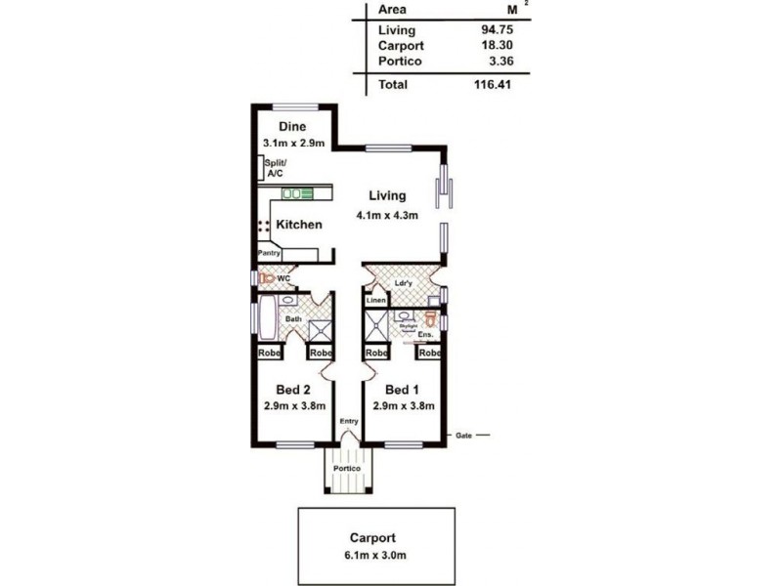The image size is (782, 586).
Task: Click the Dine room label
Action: (x=291, y=127)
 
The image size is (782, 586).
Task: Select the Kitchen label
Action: (x=298, y=225)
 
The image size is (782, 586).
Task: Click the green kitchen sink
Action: (x=297, y=194)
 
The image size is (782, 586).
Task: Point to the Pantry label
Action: (x=269, y=253)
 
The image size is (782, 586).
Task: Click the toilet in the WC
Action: (x=266, y=278)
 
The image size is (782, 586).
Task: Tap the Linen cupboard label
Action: (x=376, y=301)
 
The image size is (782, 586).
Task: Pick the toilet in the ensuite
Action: (x=430, y=318)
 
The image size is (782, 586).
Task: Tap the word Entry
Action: (x=348, y=421)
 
